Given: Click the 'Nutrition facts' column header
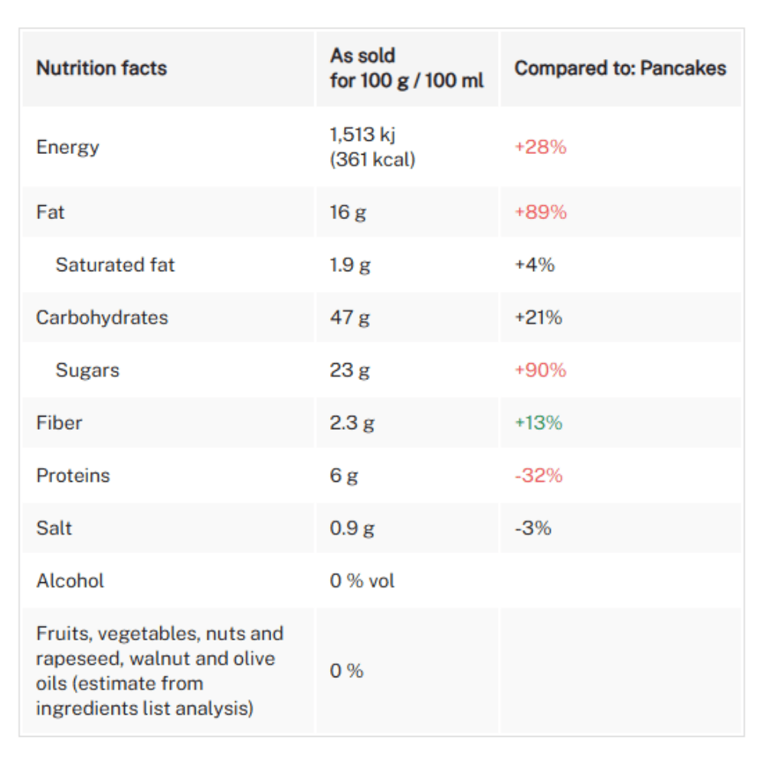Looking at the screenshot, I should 101,68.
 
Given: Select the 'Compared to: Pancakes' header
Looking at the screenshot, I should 620,68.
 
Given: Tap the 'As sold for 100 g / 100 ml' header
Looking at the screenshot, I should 407,68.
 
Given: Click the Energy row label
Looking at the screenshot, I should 67,147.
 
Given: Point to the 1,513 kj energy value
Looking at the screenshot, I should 363,136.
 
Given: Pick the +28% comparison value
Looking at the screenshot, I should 540,147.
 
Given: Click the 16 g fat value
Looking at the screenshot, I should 348,212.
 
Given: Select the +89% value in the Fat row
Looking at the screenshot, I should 541,212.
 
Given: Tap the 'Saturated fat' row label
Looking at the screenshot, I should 115,265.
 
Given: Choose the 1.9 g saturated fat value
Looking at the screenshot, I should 350,265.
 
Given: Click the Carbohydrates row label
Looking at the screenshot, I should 102,318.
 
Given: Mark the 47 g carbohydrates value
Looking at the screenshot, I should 349,318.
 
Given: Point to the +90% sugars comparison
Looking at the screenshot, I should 541,371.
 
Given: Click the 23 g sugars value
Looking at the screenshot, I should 349,371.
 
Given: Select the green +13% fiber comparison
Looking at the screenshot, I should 538,423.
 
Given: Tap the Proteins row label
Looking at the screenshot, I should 73,476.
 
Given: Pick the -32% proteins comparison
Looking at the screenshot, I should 538,476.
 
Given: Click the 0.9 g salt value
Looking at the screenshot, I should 352,529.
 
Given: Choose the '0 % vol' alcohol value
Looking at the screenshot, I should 362,581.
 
